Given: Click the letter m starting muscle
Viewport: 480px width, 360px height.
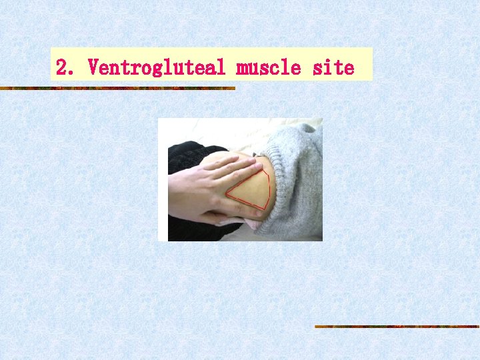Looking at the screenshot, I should click(242, 68).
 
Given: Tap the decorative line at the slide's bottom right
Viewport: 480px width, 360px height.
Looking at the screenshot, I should click(397, 327).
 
